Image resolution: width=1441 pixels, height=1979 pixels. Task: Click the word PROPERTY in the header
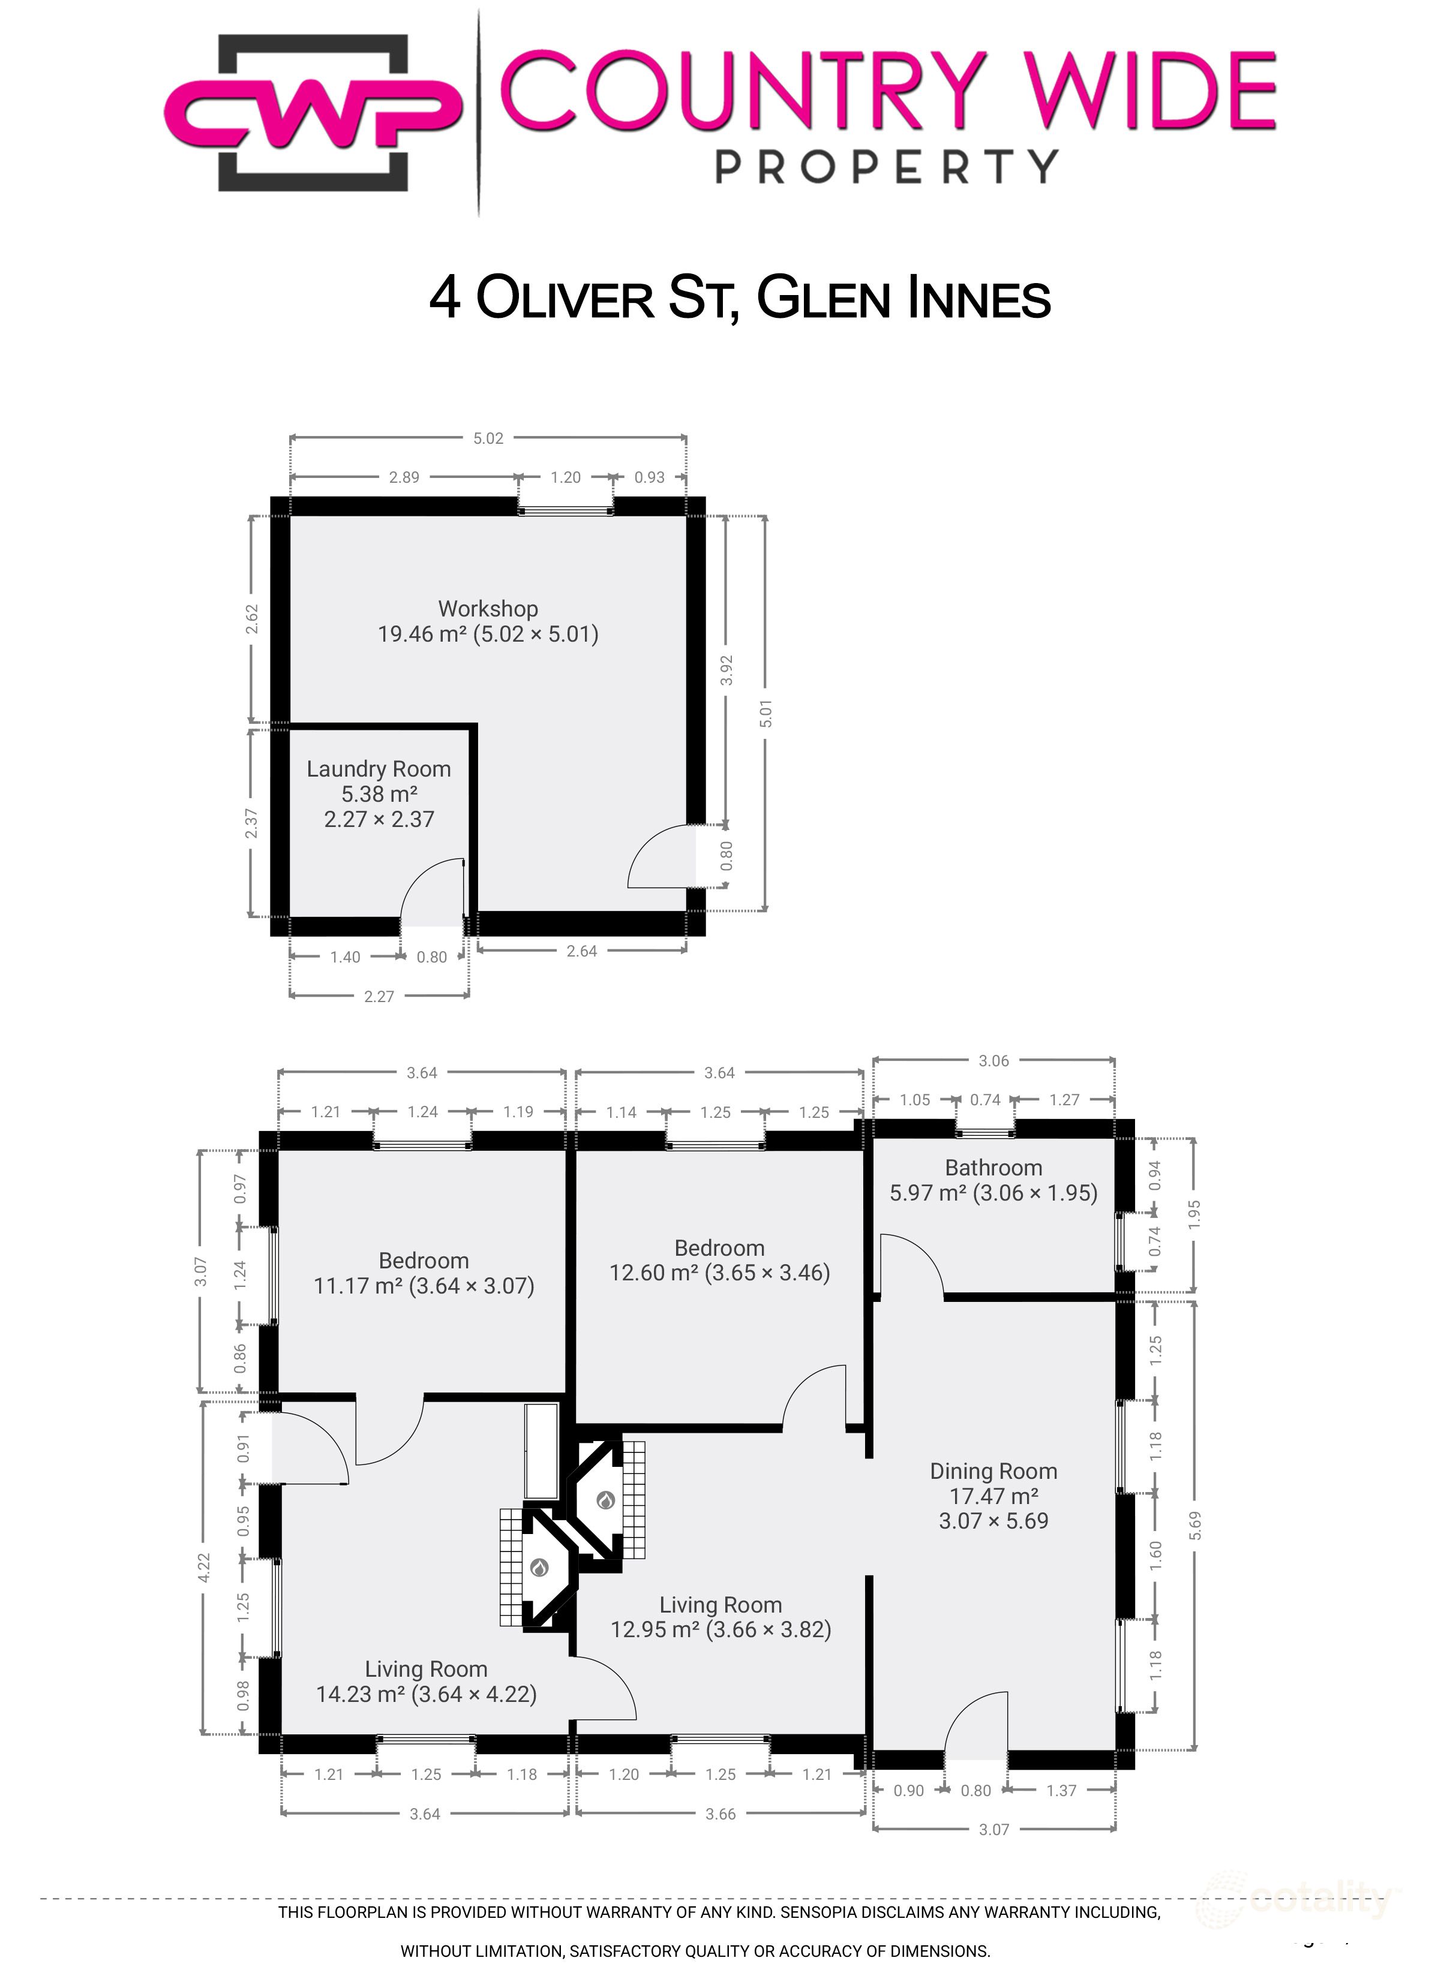coord(887,166)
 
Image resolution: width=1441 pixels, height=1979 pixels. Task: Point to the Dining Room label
coord(993,1496)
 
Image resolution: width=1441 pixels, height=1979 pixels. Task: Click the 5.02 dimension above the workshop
coord(488,438)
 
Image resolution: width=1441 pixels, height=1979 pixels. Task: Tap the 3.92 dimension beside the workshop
coord(726,670)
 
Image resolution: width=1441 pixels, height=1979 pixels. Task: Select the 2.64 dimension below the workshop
coord(581,951)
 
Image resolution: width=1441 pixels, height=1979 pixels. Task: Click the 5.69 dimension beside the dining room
coord(1195,1524)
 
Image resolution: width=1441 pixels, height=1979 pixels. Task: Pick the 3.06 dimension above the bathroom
coord(993,1061)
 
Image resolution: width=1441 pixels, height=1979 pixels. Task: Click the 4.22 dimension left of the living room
coord(203,1567)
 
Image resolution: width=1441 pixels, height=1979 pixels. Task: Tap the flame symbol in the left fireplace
coord(539,1568)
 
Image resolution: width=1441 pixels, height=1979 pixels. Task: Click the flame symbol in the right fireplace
coord(605,1500)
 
